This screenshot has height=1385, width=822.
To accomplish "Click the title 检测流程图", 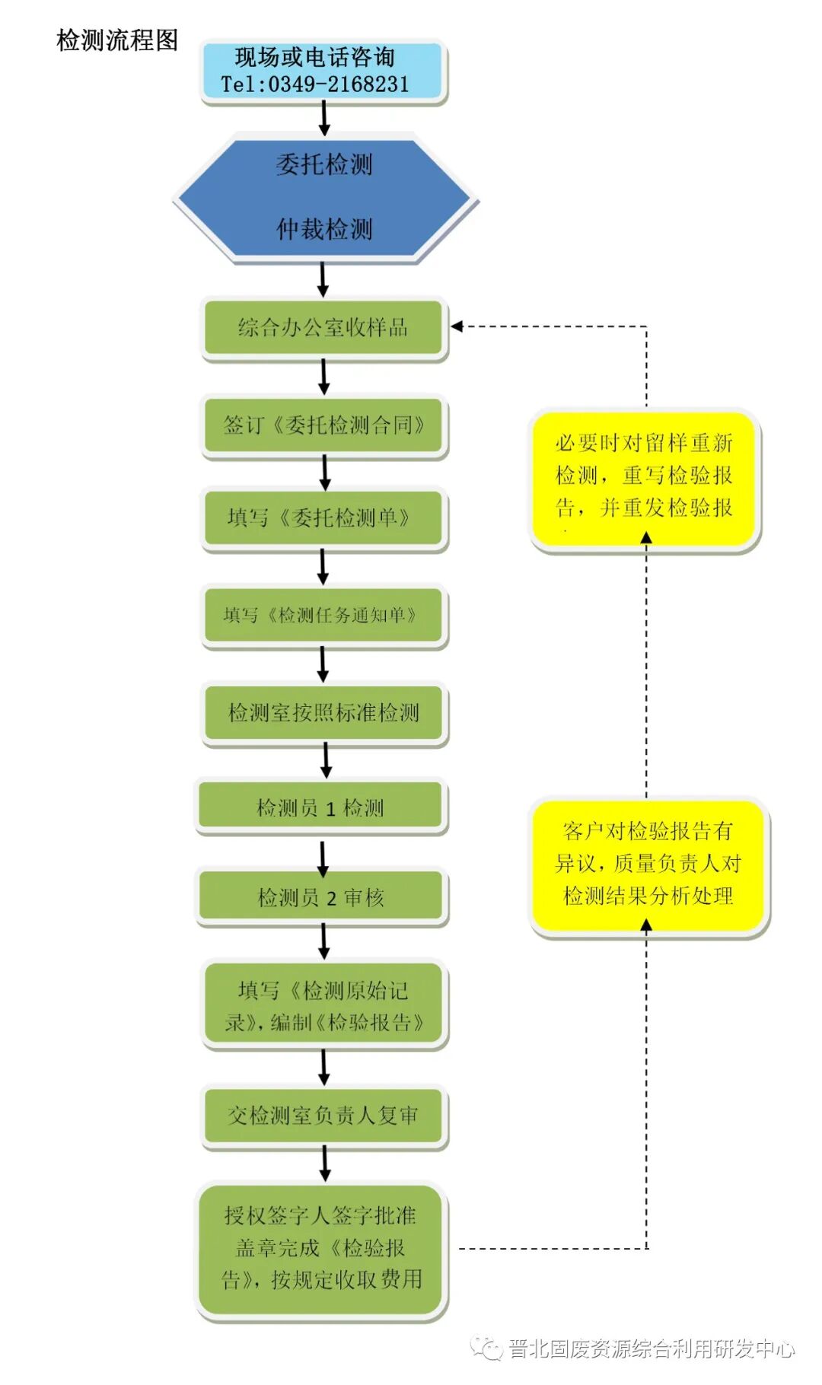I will pos(117,40).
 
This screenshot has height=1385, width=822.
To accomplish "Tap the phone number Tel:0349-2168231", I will pos(315,84).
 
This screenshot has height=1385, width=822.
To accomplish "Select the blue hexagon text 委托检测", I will pos(324,164).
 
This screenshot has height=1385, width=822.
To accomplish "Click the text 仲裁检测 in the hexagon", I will pos(324,229).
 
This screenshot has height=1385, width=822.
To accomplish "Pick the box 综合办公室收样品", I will pos(323,328).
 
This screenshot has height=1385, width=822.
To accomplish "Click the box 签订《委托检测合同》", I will pos(323,425).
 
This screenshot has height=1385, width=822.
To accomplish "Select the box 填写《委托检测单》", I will pos(323,519).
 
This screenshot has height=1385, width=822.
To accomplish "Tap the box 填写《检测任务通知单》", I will pos(323,616).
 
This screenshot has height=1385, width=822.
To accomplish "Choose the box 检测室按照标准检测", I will pos(323,713).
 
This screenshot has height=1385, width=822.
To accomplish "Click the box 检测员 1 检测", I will pos(320,807).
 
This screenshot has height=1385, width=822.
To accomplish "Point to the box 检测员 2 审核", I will pos(320,898).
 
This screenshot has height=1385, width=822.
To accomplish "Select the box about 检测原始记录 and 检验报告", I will pos(323,1006).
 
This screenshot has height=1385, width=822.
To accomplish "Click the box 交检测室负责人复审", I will pos(323,1116).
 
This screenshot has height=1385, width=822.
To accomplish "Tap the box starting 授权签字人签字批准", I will pos(322,1249).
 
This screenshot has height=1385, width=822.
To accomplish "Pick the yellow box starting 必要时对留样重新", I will pos(645,476).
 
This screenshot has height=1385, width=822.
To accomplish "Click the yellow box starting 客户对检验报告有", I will pos(648,864).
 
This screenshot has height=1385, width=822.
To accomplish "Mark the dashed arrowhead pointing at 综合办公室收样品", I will pos(457,326).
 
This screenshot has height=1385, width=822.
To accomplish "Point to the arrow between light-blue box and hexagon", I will pos(324,119).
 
